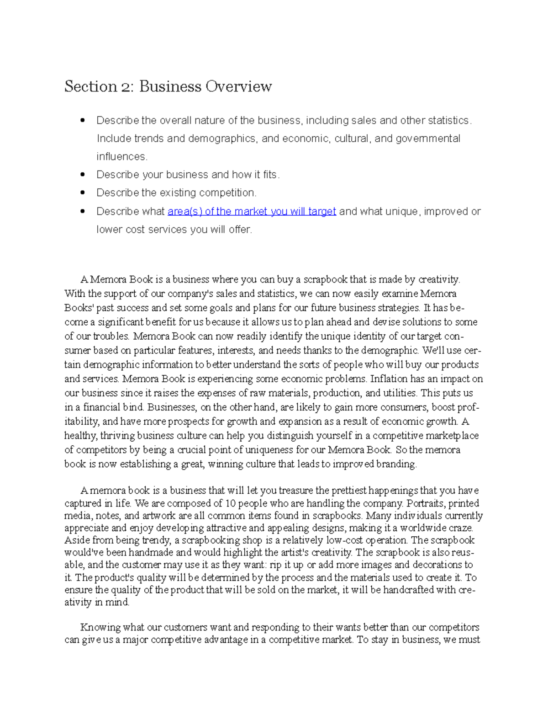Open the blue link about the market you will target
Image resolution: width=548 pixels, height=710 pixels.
point(252,211)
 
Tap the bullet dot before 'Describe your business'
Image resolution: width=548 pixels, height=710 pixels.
point(83,175)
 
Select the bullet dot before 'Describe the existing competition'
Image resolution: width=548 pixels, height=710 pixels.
point(83,193)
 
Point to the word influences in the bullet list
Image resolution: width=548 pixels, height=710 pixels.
point(121,157)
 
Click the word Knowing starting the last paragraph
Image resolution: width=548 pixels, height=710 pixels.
point(100,627)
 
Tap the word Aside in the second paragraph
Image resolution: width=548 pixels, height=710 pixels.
point(77,540)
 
